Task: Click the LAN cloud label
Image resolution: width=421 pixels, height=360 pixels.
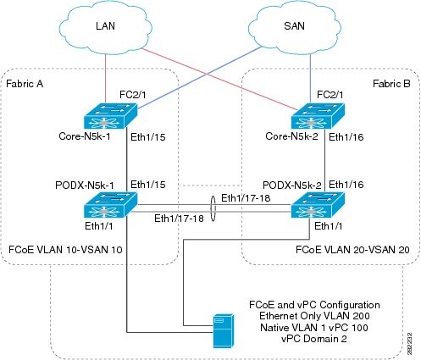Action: (x=105, y=26)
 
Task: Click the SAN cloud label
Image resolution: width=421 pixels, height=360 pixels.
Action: (x=294, y=26)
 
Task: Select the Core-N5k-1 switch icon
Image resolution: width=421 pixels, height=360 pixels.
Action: (x=111, y=116)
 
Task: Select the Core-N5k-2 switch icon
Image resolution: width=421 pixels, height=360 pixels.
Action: (x=318, y=116)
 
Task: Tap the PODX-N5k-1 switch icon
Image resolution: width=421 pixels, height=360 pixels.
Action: (x=111, y=205)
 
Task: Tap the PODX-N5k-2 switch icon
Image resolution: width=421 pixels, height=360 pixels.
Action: (x=318, y=205)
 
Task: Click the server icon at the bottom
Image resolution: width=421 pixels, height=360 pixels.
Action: (x=224, y=330)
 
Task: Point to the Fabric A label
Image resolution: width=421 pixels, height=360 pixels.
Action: (x=25, y=84)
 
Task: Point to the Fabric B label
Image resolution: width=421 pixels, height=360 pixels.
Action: (x=391, y=84)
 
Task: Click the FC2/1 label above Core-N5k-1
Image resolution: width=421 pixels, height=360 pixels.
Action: (x=133, y=95)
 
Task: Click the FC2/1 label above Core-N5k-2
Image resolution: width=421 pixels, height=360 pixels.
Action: (x=330, y=95)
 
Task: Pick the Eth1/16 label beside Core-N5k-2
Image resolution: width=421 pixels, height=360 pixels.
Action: (x=346, y=137)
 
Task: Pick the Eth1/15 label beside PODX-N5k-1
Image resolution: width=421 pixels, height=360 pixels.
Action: (x=148, y=185)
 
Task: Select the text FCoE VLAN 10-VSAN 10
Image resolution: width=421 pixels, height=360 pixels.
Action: (x=65, y=250)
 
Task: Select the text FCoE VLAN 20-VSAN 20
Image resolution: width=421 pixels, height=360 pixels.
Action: (x=352, y=250)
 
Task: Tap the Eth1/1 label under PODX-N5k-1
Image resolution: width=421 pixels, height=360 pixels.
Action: (x=99, y=226)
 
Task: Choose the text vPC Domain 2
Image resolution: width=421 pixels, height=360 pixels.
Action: (x=314, y=339)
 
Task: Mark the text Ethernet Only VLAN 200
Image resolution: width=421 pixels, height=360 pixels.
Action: (x=314, y=316)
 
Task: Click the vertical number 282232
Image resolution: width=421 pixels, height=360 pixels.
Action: (x=410, y=344)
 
